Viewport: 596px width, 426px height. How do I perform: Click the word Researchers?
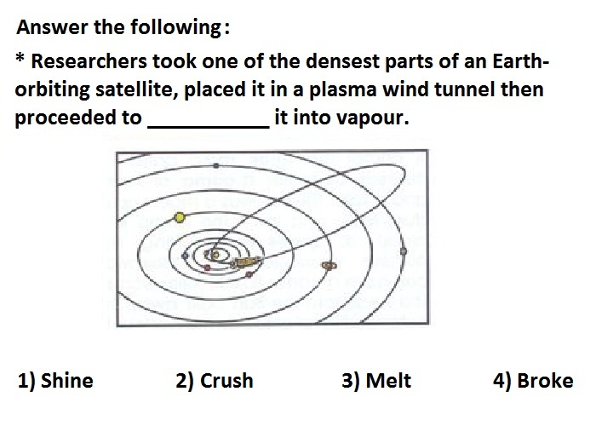coord(89,61)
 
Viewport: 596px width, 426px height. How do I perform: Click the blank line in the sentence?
coord(209,127)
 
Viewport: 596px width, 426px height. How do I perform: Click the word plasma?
coord(342,90)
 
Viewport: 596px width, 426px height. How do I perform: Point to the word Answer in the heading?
coord(52,27)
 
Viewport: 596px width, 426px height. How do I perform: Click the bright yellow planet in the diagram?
coord(180,217)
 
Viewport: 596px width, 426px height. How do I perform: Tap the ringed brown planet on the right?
coord(329,265)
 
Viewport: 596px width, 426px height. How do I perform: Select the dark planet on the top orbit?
coord(216,165)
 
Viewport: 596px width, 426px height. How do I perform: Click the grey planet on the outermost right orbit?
coord(404,251)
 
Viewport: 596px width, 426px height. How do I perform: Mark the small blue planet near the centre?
coord(185,256)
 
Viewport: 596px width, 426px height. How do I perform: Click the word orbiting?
coord(53,90)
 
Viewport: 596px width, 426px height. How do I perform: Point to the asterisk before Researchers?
coord(20,58)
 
